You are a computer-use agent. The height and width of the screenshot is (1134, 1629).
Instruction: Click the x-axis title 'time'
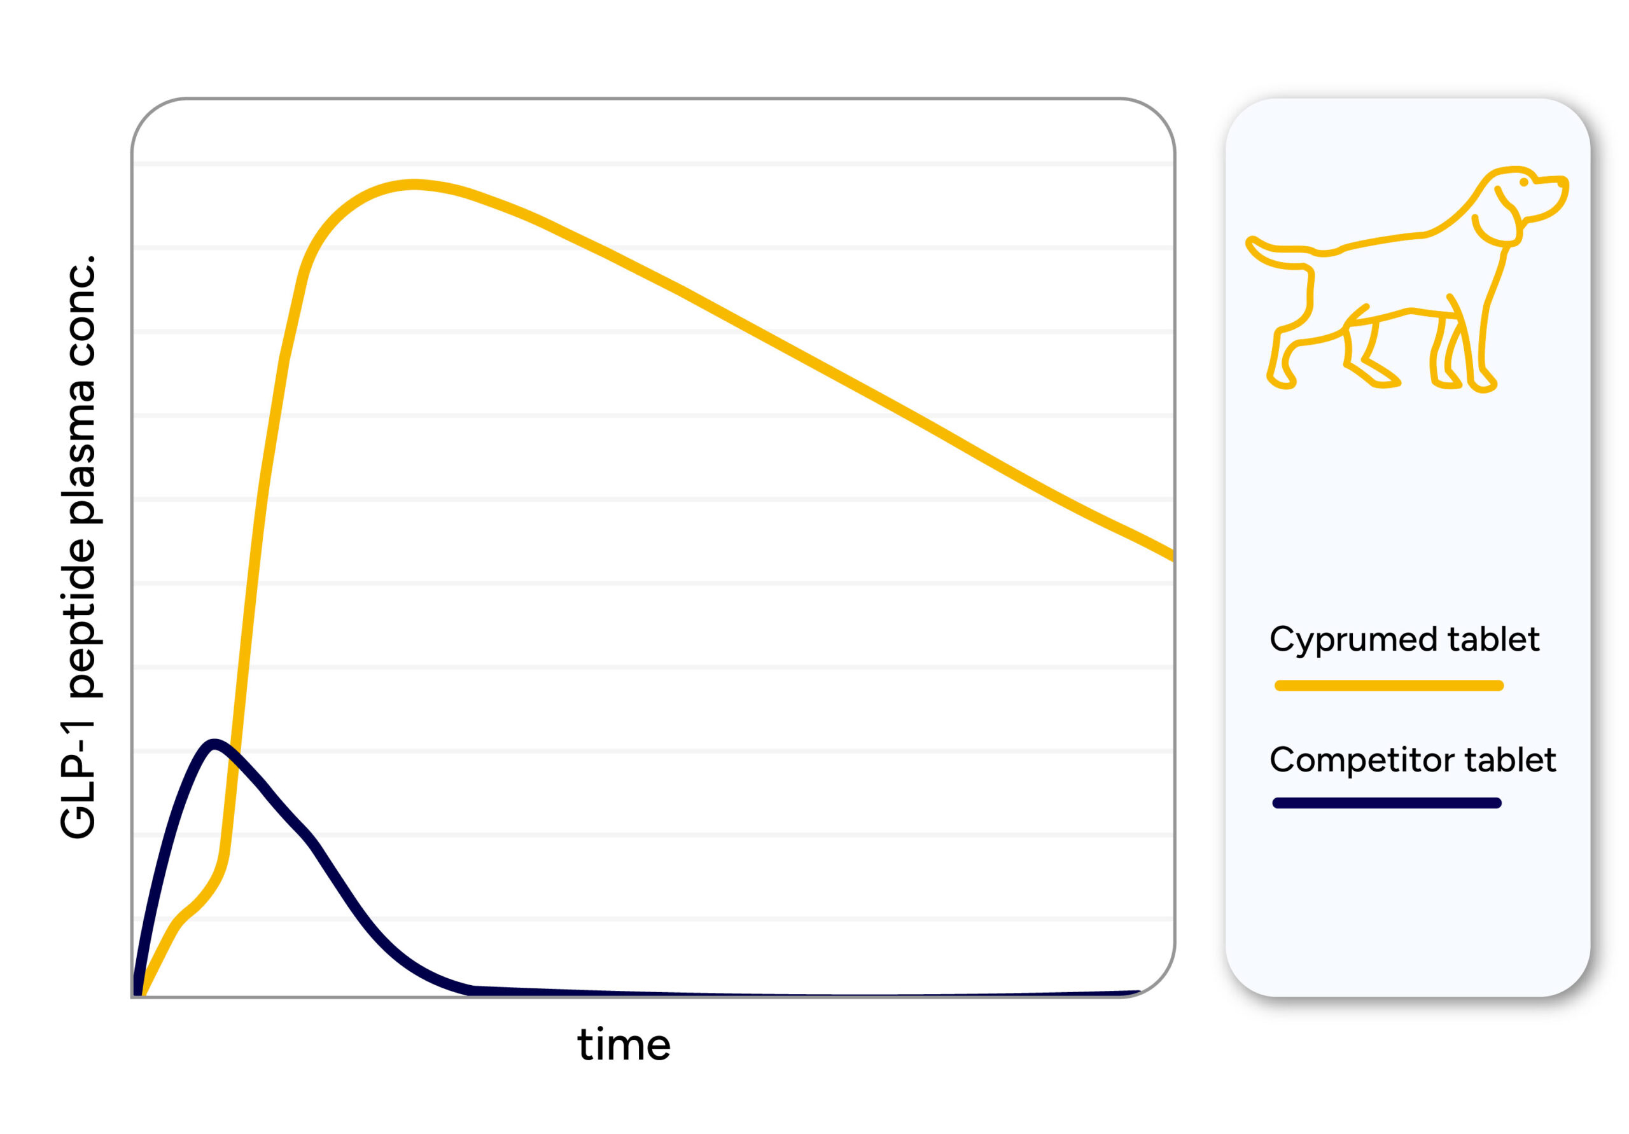[624, 1045]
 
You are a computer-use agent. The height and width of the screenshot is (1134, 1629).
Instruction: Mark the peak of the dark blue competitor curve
[213, 744]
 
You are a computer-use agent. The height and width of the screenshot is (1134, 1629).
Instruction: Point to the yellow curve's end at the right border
[1172, 556]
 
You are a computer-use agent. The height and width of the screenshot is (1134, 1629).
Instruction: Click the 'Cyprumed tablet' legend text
[1404, 640]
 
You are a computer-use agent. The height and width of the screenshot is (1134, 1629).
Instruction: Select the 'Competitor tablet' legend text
[1413, 760]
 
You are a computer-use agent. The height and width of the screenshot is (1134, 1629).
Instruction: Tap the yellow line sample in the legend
[1389, 686]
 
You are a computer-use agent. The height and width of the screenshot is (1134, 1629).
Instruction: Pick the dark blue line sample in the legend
[1387, 803]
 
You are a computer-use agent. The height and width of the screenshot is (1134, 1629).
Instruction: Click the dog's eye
[1524, 183]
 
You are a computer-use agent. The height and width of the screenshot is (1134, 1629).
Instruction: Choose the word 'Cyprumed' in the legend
[1353, 640]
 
